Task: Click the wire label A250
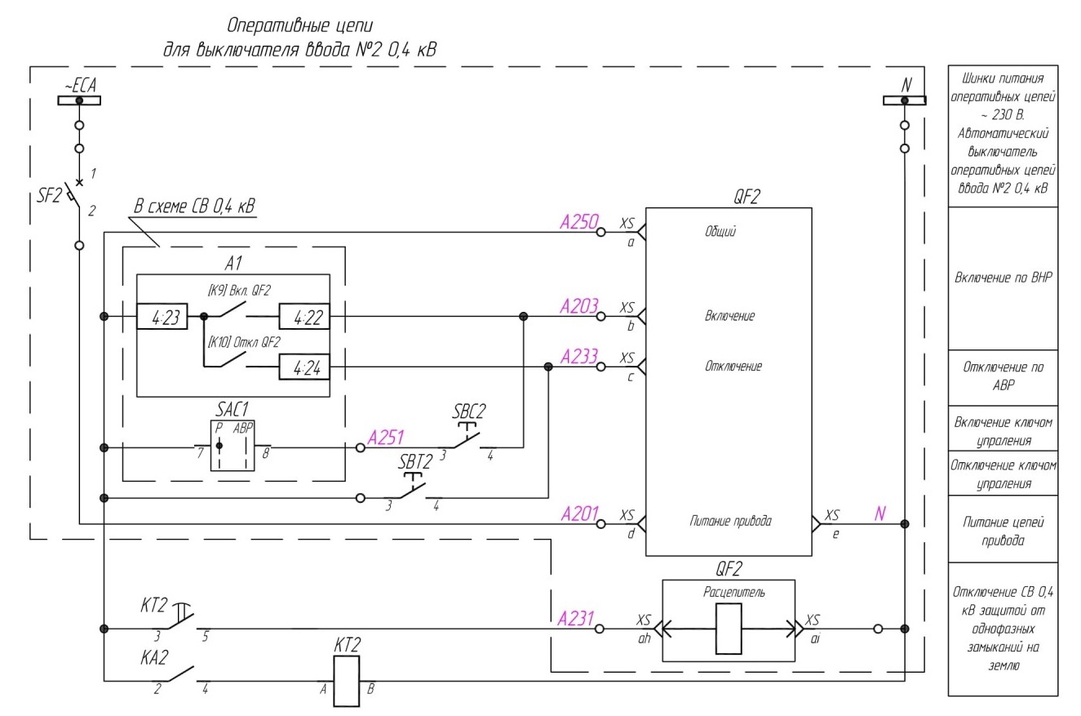pyautogui.click(x=579, y=222)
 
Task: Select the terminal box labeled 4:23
pyautogui.click(x=162, y=317)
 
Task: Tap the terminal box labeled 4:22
pyautogui.click(x=304, y=317)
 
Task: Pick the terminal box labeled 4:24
pyautogui.click(x=304, y=367)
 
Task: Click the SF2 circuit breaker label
pyautogui.click(x=50, y=196)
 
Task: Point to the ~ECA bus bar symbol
pyautogui.click(x=79, y=100)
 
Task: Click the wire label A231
pyautogui.click(x=575, y=619)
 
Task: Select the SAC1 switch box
pyautogui.click(x=233, y=445)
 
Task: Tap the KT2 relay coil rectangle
pyautogui.click(x=347, y=681)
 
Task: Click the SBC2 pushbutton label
pyautogui.click(x=468, y=411)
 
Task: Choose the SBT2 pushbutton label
pyautogui.click(x=415, y=462)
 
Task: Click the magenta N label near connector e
pyautogui.click(x=879, y=514)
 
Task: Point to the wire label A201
pyautogui.click(x=579, y=514)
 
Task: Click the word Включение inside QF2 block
pyautogui.click(x=729, y=316)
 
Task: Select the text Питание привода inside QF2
pyautogui.click(x=730, y=521)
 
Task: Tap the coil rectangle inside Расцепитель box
pyautogui.click(x=729, y=629)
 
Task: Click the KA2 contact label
pyautogui.click(x=154, y=657)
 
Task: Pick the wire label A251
pyautogui.click(x=386, y=438)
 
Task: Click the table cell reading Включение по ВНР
pyautogui.click(x=1003, y=278)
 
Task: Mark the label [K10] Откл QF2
pyautogui.click(x=244, y=343)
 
